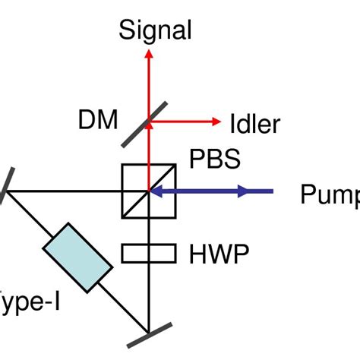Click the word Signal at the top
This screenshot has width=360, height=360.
(155, 30)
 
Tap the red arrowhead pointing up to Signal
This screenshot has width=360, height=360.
(149, 56)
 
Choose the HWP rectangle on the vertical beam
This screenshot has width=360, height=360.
(149, 252)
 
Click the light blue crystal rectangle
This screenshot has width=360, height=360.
(77, 257)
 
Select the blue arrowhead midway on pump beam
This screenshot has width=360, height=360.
(242, 191)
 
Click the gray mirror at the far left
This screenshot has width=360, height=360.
(5, 186)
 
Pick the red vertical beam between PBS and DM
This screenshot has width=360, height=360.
(149, 148)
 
